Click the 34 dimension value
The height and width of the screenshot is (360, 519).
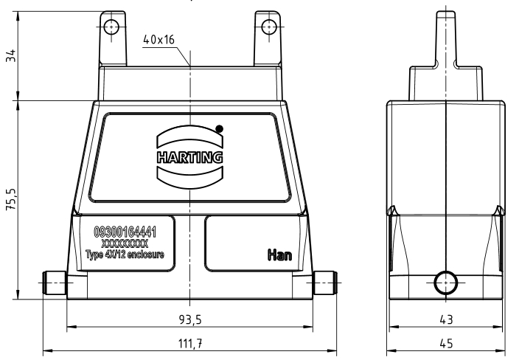(11, 55)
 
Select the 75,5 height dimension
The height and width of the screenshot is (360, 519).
(11, 199)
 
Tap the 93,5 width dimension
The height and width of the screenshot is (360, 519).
(190, 319)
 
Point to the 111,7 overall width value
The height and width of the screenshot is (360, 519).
(190, 344)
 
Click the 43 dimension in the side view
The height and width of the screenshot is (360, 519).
(446, 319)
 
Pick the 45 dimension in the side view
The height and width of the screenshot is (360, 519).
(446, 344)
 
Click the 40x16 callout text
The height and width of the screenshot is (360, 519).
(159, 40)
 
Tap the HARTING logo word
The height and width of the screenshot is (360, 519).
(190, 157)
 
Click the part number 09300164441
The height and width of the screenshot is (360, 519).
(125, 232)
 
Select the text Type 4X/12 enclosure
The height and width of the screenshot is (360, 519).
(125, 255)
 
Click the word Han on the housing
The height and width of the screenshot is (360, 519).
(279, 255)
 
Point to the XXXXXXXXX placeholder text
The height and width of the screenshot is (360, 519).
(125, 243)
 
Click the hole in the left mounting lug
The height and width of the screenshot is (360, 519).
(111, 27)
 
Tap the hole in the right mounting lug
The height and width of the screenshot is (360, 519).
(269, 27)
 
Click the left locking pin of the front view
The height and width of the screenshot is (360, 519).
(55, 283)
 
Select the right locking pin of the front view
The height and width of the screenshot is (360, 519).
(325, 283)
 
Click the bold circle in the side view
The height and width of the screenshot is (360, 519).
(446, 283)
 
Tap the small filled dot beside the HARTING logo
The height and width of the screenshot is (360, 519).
(219, 128)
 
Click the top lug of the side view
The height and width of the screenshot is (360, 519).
(446, 39)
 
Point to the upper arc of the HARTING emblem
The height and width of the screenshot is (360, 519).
(190, 136)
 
